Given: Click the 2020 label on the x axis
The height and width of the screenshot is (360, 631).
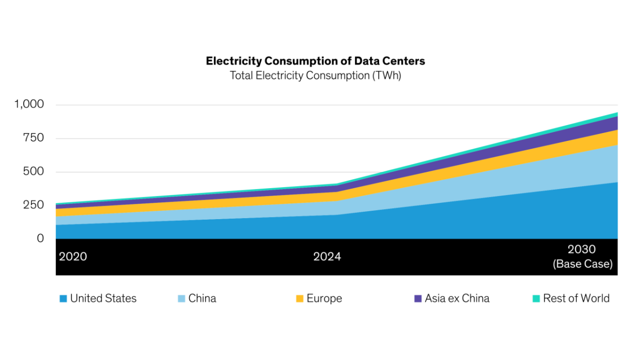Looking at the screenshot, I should click(73, 256).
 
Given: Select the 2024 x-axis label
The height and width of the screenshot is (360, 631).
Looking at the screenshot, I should click(327, 256).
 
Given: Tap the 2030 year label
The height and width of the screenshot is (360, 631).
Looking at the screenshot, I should click(582, 249).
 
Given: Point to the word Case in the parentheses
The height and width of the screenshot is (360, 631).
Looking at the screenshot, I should click(598, 264).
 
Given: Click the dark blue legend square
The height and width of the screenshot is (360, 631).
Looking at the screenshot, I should click(63, 299).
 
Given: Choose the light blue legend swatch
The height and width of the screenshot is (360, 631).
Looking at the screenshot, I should click(181, 299).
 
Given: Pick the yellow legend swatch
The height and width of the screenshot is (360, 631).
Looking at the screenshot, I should click(300, 299).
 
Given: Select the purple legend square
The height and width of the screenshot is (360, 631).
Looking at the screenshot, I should click(418, 299).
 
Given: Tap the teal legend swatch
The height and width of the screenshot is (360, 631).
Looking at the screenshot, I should click(536, 299).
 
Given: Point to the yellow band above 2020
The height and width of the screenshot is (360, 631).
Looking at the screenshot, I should click(58, 212).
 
